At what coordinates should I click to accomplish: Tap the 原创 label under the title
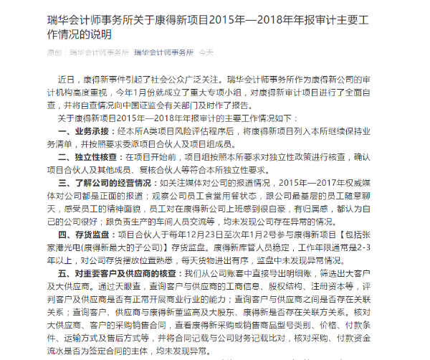click(55, 52)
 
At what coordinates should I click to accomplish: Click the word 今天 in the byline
click(206, 52)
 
